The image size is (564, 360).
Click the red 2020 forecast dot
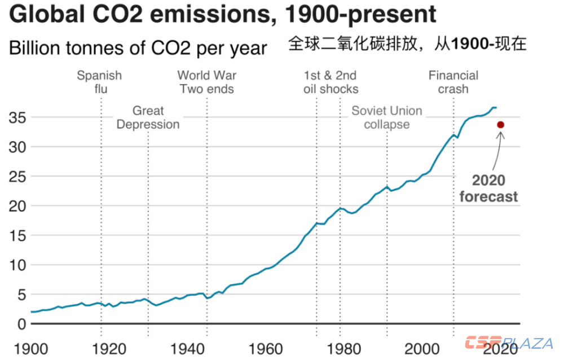coord(500,125)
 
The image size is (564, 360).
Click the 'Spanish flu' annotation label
coord(99,82)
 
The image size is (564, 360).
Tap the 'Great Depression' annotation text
coord(148,117)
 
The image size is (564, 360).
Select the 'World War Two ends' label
coord(206,82)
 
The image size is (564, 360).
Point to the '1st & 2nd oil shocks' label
coord(331,82)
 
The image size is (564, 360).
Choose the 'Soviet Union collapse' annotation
coord(387,117)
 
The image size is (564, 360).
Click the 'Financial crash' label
coord(453,82)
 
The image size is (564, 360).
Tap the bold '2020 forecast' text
coord(488,188)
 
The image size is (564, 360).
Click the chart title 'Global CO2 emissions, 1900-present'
coord(223,14)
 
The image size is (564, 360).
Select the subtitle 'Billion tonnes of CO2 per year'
coord(138,48)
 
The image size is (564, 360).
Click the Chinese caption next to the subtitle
coord(407,44)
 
